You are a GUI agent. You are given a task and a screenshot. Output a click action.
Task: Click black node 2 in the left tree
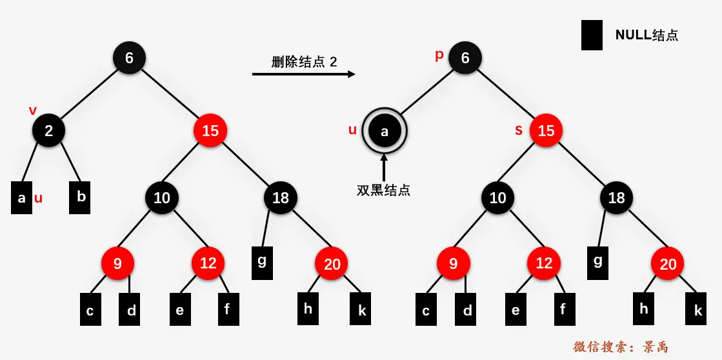(49, 131)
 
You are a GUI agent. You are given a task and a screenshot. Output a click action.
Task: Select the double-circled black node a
(385, 131)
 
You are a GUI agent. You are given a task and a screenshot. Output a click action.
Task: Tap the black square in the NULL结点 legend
(592, 35)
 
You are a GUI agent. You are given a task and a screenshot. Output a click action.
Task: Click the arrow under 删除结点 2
(303, 75)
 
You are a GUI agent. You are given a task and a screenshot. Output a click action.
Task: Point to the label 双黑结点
(384, 190)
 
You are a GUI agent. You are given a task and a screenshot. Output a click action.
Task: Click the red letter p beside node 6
(439, 55)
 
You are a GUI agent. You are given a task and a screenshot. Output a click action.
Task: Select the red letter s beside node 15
(519, 130)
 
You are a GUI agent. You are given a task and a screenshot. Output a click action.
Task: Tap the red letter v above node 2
(33, 110)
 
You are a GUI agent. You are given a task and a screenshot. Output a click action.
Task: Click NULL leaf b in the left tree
(80, 197)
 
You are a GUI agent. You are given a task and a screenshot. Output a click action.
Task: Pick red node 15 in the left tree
(210, 131)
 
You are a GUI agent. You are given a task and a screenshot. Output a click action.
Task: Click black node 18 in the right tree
(617, 197)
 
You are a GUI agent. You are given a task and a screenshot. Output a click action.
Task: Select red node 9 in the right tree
(453, 263)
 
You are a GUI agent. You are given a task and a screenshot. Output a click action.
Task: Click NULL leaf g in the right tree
(598, 262)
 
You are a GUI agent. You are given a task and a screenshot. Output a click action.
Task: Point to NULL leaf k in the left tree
(361, 310)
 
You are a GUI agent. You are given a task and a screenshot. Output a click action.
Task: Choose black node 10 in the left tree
(162, 197)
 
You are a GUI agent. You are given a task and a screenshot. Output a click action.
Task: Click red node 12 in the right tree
(544, 263)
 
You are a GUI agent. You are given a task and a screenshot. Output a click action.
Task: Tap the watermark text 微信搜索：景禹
(620, 347)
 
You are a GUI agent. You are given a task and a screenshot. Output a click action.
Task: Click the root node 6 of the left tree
(129, 58)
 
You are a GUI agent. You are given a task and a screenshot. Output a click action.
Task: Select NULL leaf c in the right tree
(426, 310)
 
